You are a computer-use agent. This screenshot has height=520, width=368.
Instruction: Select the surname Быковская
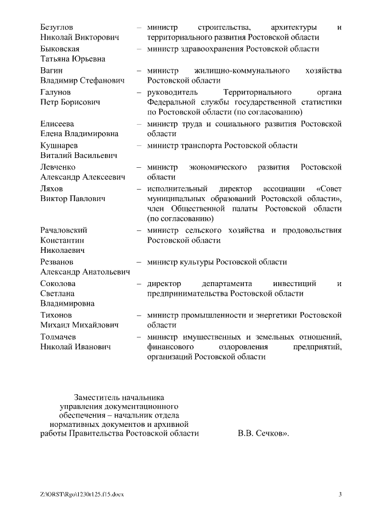tap(60, 49)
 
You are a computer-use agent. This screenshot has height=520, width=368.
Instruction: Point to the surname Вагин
tap(51, 70)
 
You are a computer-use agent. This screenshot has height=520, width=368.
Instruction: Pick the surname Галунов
tap(56, 92)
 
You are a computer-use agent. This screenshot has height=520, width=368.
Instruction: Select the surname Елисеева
tap(57, 124)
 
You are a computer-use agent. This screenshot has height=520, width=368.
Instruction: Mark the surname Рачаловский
tap(64, 230)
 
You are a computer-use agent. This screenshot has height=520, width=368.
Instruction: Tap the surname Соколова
tap(58, 283)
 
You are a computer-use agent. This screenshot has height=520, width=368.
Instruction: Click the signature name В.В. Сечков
tap(261, 434)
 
